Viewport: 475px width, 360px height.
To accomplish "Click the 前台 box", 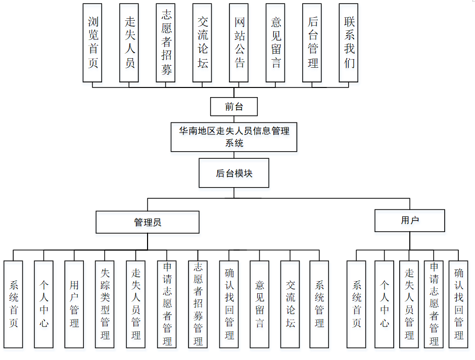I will (234, 107).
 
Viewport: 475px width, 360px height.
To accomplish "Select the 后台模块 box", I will (234, 173).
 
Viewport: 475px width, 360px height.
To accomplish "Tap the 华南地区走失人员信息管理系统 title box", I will (233, 137).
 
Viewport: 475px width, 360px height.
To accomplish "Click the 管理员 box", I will (148, 222).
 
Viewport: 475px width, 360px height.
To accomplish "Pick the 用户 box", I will (409, 220).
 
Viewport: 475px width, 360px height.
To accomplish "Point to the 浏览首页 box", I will (92, 42).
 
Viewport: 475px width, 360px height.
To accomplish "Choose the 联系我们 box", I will (349, 42).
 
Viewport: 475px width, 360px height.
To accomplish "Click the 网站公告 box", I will (239, 42).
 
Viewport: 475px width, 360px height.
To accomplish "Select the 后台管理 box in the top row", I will (312, 42).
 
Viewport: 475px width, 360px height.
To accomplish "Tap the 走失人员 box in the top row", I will (129, 42).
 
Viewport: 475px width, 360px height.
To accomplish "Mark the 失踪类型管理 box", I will (105, 304).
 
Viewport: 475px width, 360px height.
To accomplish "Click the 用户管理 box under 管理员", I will (74, 304).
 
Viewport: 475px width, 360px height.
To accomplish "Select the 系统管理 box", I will (319, 304).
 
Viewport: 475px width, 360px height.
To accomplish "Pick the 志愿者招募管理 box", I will (198, 304).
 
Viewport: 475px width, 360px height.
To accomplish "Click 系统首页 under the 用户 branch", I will (356, 304).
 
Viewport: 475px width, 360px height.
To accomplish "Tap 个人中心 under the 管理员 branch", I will (44, 304).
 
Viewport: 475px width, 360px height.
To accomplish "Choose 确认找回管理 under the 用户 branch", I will (458, 304).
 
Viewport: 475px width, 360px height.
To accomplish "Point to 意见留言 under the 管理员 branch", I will (259, 304).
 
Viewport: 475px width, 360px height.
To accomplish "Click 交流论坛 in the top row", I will (202, 42).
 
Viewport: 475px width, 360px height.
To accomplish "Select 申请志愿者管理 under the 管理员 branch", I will (167, 304).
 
